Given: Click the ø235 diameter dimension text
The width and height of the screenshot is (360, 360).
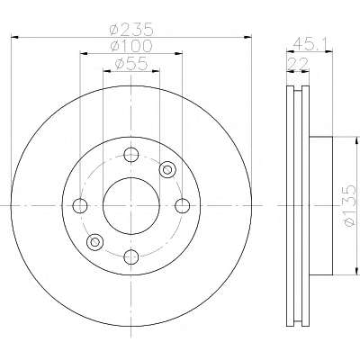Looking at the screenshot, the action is click(131, 30).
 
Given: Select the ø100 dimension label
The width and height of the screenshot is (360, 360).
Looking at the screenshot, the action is click(131, 46).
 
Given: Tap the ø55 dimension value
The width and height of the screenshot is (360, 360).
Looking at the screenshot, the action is click(131, 64).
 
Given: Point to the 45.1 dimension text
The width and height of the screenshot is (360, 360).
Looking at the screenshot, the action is click(310, 43).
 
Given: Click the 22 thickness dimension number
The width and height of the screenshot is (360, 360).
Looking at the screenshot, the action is click(298, 64).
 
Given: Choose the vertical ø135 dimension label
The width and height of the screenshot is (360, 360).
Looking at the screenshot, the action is click(349, 205).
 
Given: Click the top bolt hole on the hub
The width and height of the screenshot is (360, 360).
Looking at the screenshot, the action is click(131, 155).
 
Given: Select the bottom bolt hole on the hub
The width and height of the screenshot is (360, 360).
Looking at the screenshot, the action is click(131, 256).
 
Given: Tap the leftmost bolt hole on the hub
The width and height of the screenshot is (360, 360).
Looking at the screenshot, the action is click(80, 206).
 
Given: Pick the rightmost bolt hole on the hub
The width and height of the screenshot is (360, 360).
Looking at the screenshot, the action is click(183, 206).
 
